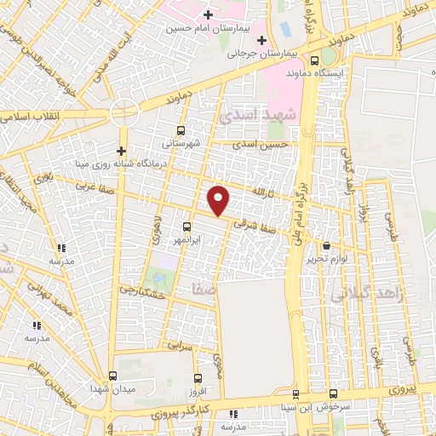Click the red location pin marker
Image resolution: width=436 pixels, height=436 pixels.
click(x=219, y=199)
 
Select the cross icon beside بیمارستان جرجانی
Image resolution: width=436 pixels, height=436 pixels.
click(x=261, y=40)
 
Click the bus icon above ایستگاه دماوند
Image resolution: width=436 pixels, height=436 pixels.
click(x=316, y=60)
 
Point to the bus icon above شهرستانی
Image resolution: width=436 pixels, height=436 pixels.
click(x=180, y=131)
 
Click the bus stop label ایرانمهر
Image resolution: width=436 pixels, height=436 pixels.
click(x=186, y=240)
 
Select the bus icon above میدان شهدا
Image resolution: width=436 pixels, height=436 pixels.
click(x=113, y=376)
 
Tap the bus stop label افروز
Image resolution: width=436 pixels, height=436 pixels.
click(x=198, y=390)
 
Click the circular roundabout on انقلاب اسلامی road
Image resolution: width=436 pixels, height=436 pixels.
click(x=124, y=112)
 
